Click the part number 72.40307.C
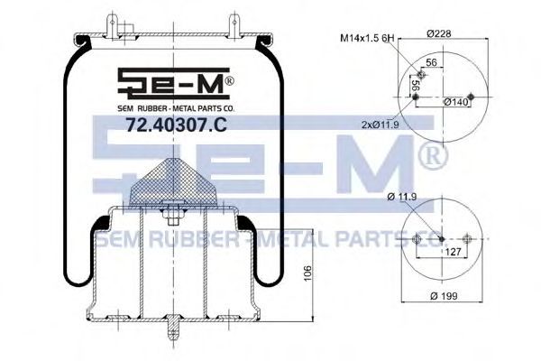pos(176,125)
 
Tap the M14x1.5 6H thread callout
pos(367,38)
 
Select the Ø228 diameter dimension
pos(439,33)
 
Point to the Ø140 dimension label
pos(456,102)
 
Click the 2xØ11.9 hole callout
pos(381,125)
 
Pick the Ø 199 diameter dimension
pos(444,296)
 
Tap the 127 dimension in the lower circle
pos(453,252)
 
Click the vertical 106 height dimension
pos(307,273)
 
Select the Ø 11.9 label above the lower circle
pos(402,197)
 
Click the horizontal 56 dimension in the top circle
pos(432,62)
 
